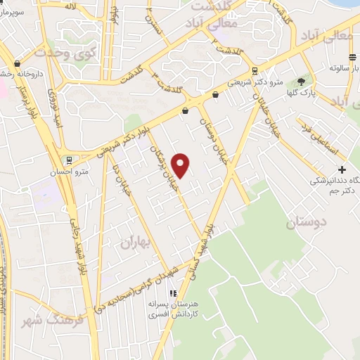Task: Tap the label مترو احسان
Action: tap(72, 171)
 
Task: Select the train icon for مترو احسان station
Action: tap(68, 160)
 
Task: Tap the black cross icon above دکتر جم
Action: tap(342, 169)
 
